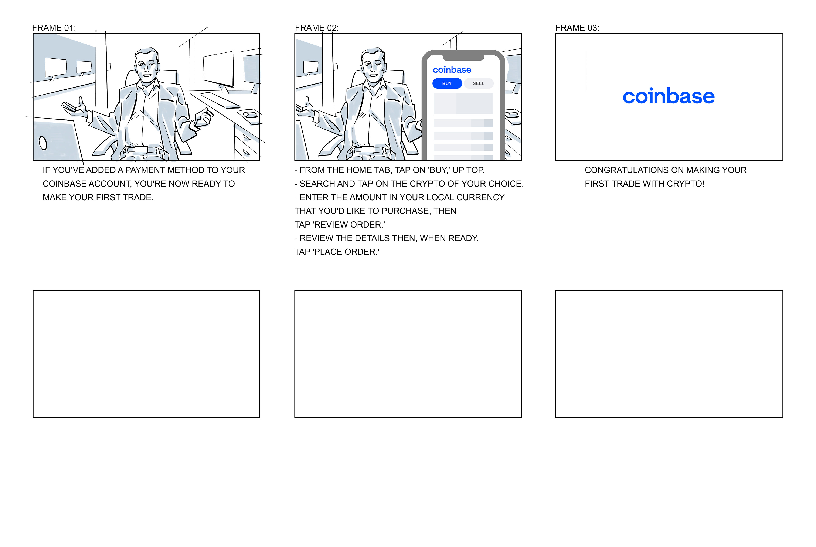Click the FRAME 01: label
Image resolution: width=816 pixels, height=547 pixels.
54,28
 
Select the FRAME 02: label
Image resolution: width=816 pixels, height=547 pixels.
317,28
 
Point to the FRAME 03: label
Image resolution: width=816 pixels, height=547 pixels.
577,28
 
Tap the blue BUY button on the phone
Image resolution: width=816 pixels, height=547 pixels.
447,83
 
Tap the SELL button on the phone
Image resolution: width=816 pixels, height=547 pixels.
479,83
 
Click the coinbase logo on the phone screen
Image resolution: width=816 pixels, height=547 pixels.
452,70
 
